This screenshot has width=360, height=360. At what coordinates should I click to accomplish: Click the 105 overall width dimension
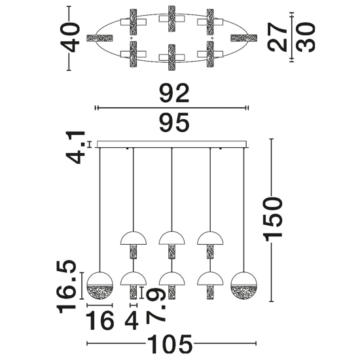coord(170,344)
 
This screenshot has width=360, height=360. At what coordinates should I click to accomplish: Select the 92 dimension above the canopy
coord(175,93)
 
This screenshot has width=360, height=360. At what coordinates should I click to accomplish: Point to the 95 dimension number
coord(175,123)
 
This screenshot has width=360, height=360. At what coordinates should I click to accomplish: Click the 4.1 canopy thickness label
coord(75,147)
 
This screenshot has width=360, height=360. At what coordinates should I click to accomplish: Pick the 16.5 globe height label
coord(67,287)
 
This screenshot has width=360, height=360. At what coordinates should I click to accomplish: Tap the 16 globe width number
coord(100,320)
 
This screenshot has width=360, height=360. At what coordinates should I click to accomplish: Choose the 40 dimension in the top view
coord(70,38)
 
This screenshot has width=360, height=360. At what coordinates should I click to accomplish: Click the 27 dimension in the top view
coord(277,37)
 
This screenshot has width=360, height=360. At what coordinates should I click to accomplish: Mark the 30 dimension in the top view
coord(306,37)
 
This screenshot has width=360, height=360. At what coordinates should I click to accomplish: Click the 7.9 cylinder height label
coord(156,305)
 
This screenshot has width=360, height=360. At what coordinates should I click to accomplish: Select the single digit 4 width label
coord(132,320)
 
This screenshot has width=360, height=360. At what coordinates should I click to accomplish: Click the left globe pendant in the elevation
coord(99,285)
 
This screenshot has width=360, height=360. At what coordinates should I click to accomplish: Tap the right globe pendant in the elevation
coord(244,285)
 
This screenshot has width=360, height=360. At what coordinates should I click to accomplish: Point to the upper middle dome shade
coord(172,238)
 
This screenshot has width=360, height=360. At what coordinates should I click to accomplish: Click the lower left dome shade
coord(134,279)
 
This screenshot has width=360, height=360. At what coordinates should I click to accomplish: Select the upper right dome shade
coord(210,238)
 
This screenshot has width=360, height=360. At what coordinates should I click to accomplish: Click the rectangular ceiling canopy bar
coord(172,144)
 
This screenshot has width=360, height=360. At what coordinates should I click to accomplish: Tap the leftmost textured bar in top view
coord(99,38)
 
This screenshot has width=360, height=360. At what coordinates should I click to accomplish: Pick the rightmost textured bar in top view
coord(244,38)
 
